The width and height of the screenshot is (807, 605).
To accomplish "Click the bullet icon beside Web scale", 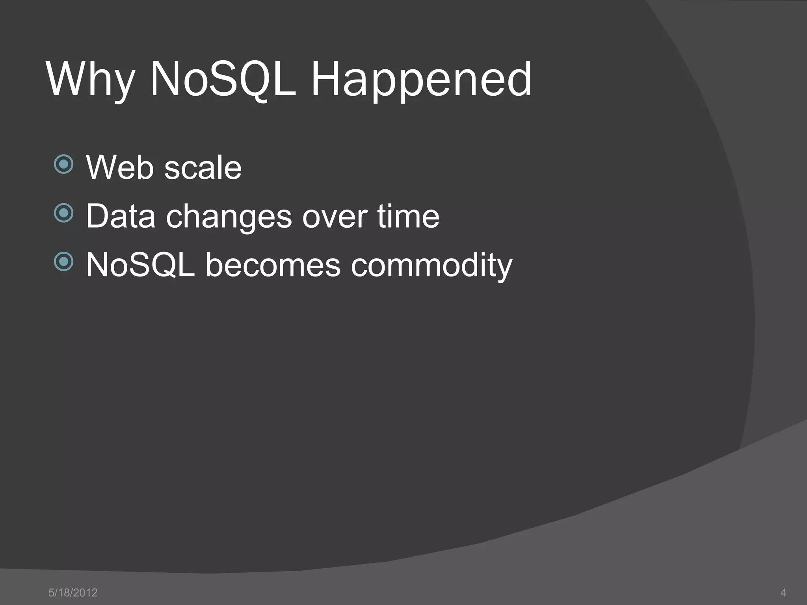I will point(64,164).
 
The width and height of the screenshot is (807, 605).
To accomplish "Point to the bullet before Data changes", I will point(64,213).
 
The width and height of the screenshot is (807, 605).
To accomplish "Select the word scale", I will point(203,168).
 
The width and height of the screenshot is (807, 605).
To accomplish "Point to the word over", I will point(335,217).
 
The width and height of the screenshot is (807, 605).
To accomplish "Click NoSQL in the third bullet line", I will point(140,265).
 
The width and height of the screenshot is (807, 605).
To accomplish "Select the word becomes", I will point(273,265).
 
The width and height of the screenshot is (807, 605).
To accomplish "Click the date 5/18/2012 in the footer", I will point(73,592).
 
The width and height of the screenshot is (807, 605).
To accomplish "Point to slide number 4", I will point(783,592).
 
